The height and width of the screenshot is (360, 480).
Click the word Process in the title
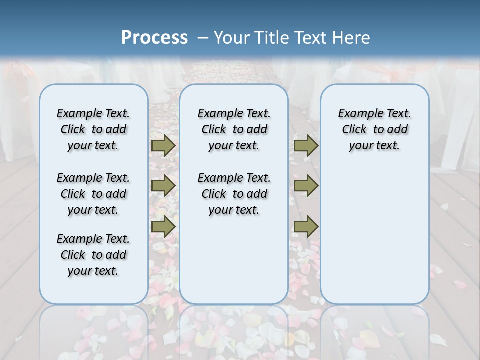click(154, 37)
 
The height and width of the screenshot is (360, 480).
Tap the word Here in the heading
click(352, 37)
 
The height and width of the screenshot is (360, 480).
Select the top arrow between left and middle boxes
click(163, 145)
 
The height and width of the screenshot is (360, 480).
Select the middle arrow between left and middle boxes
click(163, 186)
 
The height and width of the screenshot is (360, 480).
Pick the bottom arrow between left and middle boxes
click(163, 226)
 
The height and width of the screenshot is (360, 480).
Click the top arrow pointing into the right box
click(306, 145)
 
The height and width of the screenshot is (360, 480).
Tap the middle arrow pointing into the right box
click(306, 186)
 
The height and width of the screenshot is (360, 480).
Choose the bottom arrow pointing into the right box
click(306, 226)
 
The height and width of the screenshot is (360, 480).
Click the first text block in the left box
click(93, 129)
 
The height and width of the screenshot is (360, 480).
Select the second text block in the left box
click(93, 194)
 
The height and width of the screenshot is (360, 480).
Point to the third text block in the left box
click(93, 255)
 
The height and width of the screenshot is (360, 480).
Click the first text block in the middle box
click(234, 129)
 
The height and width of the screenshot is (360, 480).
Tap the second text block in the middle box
click(234, 194)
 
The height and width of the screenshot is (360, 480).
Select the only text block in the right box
click(375, 129)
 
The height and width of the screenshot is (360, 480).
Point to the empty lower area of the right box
click(375, 235)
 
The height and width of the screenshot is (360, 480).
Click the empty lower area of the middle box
click(234, 260)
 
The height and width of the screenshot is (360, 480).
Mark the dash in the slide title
click(202, 37)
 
